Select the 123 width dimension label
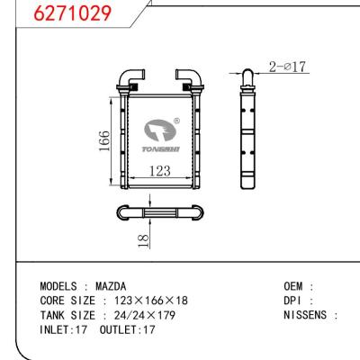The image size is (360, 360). pyautogui.click(x=159, y=170)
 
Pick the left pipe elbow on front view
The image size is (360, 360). pyautogui.click(x=133, y=76)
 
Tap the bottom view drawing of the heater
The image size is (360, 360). pyautogui.click(x=159, y=213)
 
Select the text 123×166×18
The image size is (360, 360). pyautogui.click(x=149, y=300)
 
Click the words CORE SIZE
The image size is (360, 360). pyautogui.click(x=67, y=300)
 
